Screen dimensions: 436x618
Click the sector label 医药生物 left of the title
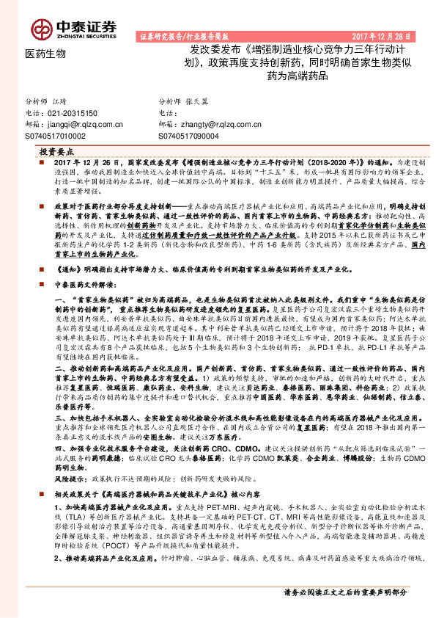tap(45, 54)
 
